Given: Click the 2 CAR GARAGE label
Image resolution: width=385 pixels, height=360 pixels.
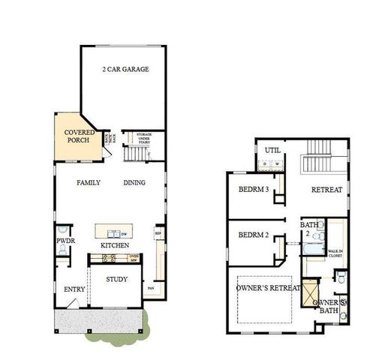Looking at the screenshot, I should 125,69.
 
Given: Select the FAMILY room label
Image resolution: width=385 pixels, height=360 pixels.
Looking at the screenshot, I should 89,182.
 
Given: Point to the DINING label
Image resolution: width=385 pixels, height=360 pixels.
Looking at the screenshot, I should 134,182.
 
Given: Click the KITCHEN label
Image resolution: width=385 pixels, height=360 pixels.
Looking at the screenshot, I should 115,246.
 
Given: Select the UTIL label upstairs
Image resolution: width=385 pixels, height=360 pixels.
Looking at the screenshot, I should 272,150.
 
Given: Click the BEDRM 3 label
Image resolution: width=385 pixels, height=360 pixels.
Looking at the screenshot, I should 254,190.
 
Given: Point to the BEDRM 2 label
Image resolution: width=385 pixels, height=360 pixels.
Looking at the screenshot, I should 254,235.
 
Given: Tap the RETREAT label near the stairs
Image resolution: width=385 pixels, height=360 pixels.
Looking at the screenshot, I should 326,190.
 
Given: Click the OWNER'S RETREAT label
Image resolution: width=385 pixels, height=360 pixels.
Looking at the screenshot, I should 269,287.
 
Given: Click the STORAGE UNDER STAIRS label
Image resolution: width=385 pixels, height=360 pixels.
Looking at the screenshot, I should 143,138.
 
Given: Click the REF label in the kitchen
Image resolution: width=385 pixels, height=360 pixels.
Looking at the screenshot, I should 158,233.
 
